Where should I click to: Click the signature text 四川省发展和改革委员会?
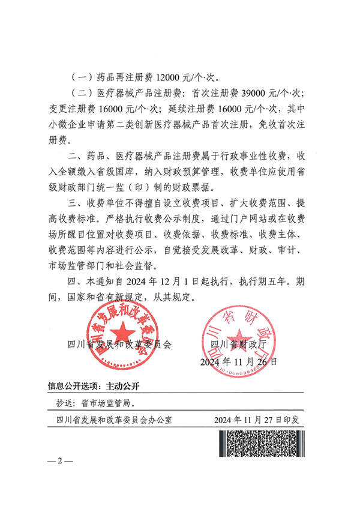click(121, 345)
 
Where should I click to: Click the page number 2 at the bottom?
click(59, 460)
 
